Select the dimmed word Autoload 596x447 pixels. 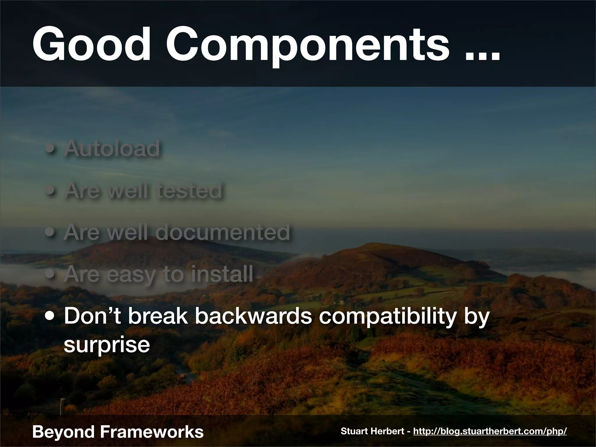point(112,148)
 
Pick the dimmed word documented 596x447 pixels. point(223,232)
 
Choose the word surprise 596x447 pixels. point(107,345)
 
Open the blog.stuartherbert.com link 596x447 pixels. point(490,431)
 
